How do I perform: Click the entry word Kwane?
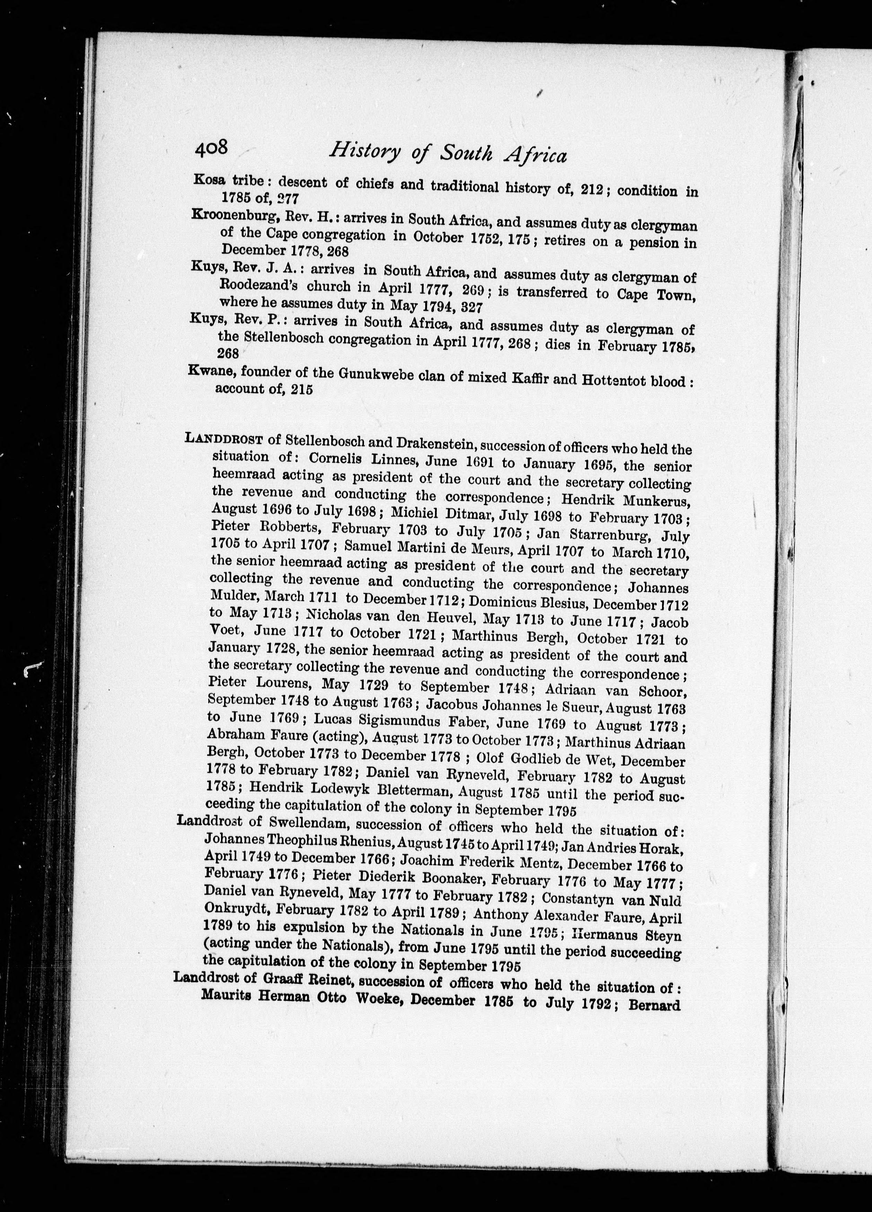click(208, 372)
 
